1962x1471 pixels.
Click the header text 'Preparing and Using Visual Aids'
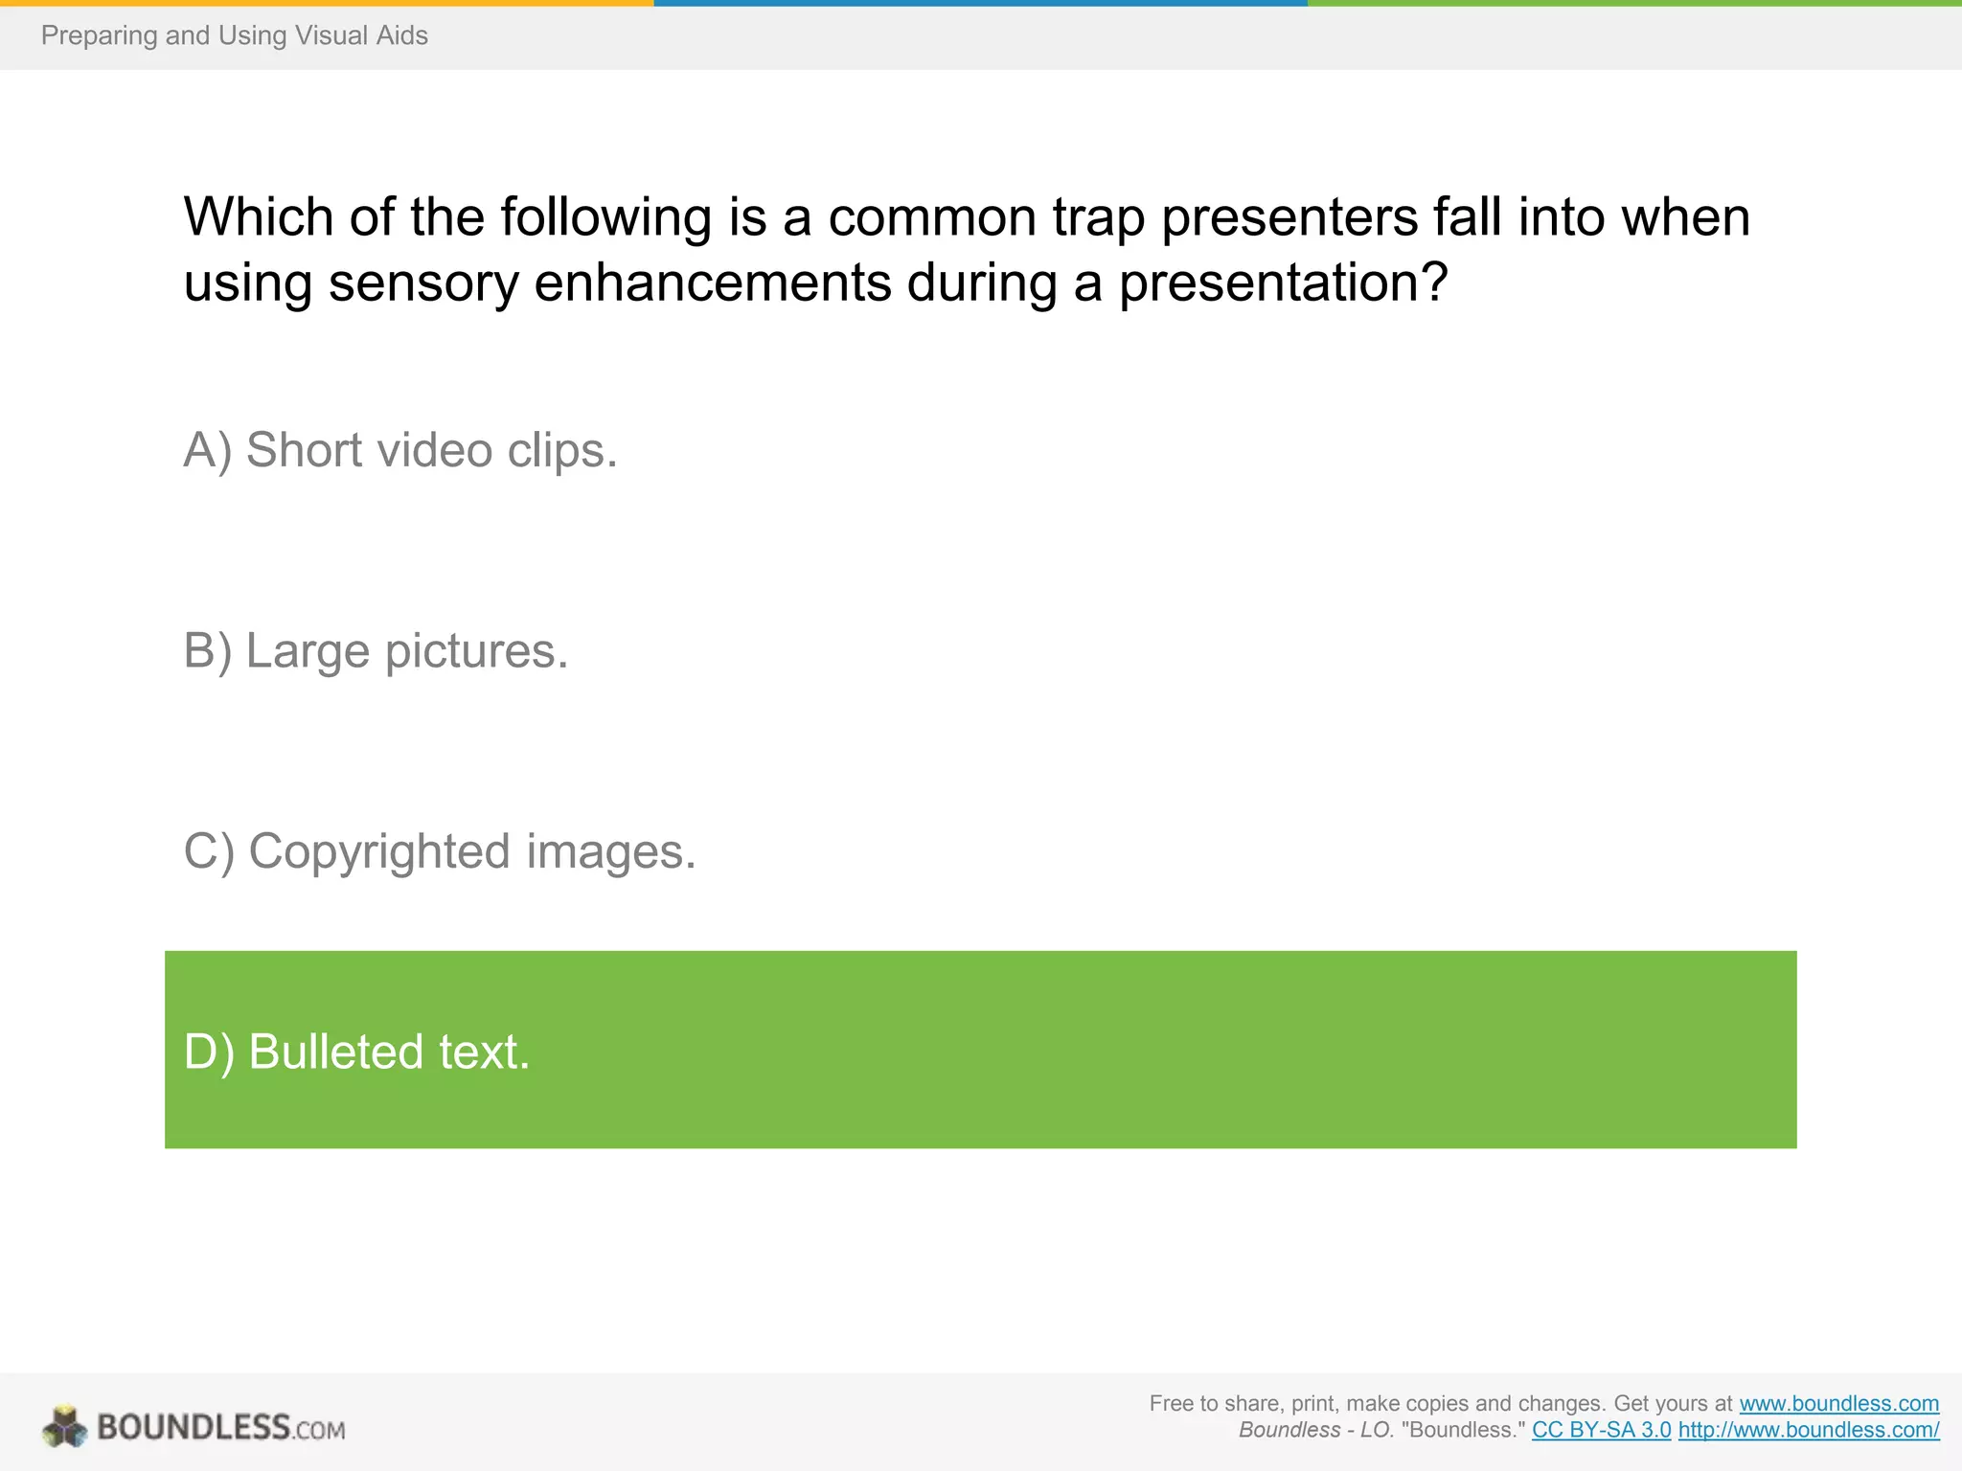pos(234,35)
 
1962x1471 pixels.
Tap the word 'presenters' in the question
pos(1289,217)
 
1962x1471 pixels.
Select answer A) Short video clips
pos(400,450)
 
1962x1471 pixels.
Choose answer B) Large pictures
pos(376,651)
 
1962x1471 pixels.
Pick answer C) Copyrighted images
pos(440,851)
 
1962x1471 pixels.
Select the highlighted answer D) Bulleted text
pos(980,1050)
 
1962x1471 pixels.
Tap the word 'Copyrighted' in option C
pos(379,851)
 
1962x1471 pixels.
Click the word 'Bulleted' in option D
pos(336,1052)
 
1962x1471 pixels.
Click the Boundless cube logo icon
pos(64,1426)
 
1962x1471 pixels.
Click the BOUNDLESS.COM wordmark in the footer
pos(220,1427)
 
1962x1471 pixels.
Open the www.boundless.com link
pos(1838,1403)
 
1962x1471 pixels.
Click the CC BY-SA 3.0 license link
pos(1601,1430)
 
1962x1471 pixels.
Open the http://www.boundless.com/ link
pos(1808,1430)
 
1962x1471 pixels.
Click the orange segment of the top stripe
pos(326,3)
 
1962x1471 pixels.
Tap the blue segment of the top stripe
pos(980,3)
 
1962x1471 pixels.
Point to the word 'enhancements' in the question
pos(712,283)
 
